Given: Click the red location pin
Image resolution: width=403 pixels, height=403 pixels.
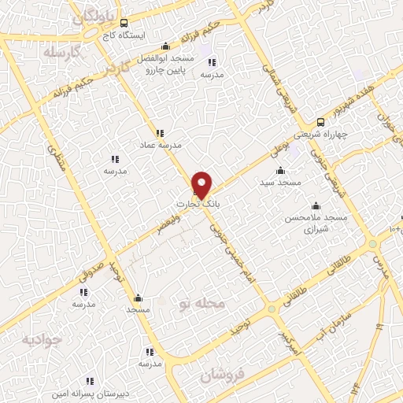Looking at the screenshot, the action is pyautogui.click(x=202, y=184).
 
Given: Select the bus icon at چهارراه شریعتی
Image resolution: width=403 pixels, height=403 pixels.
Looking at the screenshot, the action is pyautogui.click(x=320, y=122).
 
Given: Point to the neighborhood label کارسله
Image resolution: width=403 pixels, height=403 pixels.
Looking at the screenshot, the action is pyautogui.click(x=64, y=54).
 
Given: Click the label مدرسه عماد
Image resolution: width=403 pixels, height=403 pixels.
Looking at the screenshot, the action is pyautogui.click(x=161, y=146).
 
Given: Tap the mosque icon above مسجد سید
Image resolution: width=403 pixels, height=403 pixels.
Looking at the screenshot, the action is pyautogui.click(x=281, y=170).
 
